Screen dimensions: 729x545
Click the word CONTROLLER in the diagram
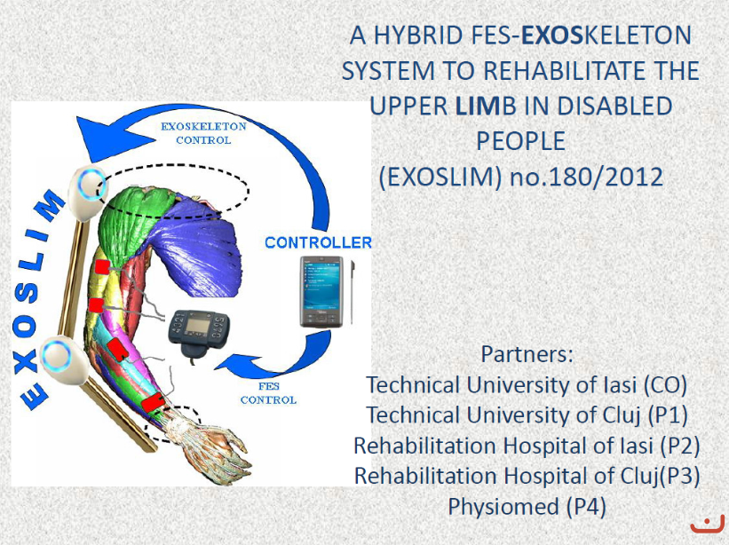(x=319, y=242)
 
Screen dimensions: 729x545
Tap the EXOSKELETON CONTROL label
(x=203, y=133)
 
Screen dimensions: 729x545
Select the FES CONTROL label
(x=268, y=393)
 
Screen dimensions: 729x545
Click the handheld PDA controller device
(x=321, y=291)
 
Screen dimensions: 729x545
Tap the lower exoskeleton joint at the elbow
(x=62, y=359)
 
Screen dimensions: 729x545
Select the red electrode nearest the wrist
(x=153, y=402)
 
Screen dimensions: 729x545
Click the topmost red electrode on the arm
(x=102, y=266)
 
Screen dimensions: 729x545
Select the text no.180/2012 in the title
(x=586, y=177)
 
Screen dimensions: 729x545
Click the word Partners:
(x=527, y=354)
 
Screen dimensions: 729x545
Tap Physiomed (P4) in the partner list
(x=527, y=507)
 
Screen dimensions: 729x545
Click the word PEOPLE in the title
(x=520, y=141)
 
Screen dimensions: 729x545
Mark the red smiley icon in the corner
(x=707, y=525)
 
